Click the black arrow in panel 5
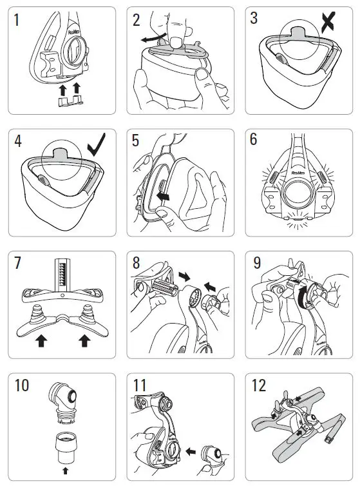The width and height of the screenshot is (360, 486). coord(164,193)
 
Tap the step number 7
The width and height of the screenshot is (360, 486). coord(18,264)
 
